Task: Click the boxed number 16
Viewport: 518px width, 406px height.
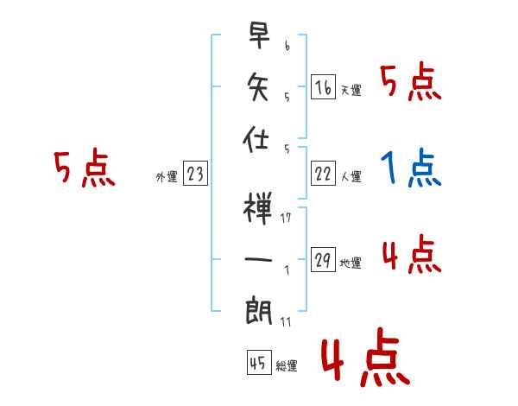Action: pos(323,86)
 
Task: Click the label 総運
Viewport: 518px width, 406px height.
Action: pos(287,366)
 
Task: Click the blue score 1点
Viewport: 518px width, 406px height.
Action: pos(411,169)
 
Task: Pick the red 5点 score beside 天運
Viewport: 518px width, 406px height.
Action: pos(410,83)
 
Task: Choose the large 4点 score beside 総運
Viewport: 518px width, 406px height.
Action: pos(363,363)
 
